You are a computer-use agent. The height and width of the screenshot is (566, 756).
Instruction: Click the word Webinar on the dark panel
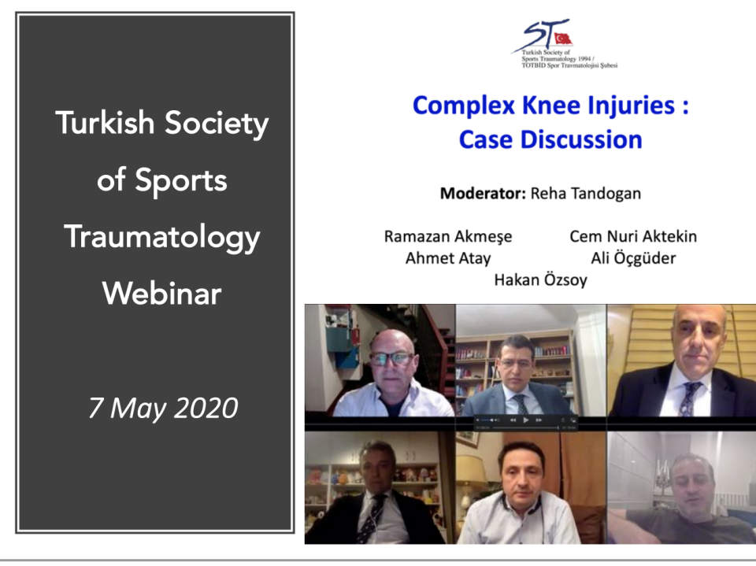point(162,293)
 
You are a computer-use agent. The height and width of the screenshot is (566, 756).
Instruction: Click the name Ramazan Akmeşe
point(448,237)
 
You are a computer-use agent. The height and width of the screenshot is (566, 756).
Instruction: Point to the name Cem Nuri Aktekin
point(633,236)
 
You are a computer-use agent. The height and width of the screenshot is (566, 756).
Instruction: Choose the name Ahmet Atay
point(448,258)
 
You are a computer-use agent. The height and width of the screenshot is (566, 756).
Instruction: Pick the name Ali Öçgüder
point(633,258)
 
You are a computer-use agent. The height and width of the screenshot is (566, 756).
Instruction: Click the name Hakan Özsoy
point(540,279)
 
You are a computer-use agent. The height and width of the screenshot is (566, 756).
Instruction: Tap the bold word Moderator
point(483,194)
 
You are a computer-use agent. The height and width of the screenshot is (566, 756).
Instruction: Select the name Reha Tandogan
point(586,194)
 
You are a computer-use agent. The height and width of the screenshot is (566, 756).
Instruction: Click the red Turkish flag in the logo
point(562,39)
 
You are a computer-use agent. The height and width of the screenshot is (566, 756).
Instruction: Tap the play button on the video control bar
point(525,420)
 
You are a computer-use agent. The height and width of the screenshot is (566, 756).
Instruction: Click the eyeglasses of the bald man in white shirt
point(392,358)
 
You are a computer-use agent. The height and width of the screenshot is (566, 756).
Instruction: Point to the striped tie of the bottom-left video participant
point(372,517)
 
